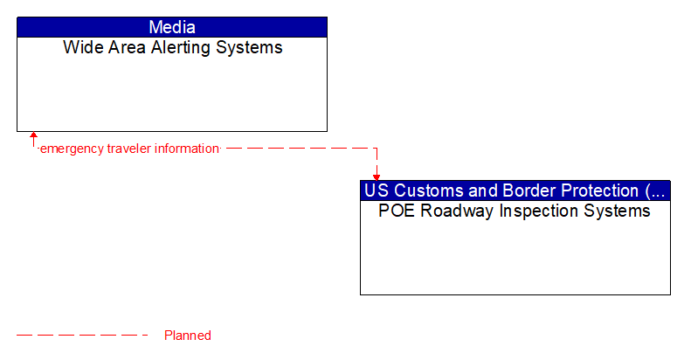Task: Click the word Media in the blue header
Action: click(x=172, y=27)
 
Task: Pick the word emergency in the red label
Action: click(x=73, y=149)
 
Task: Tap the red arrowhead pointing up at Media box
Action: click(x=33, y=136)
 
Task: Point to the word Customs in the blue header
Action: click(x=424, y=190)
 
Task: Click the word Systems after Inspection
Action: click(x=619, y=211)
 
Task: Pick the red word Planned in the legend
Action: click(x=188, y=336)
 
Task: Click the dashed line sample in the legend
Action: click(x=83, y=336)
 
